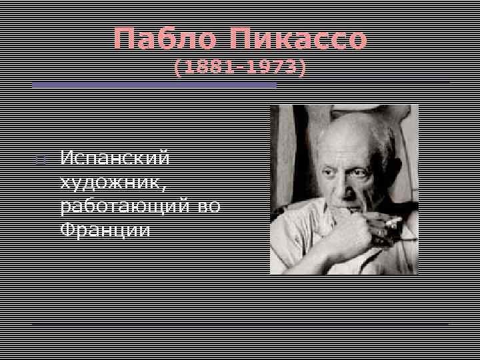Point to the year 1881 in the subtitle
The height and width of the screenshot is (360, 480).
pyautogui.click(x=206, y=67)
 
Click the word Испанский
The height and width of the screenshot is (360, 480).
pyautogui.click(x=115, y=159)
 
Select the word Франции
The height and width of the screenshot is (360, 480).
pyautogui.click(x=105, y=230)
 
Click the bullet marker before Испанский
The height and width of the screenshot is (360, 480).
pyautogui.click(x=40, y=160)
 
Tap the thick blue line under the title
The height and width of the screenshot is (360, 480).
pyautogui.click(x=154, y=85)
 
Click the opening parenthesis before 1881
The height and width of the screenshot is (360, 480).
pyautogui.click(x=178, y=67)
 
